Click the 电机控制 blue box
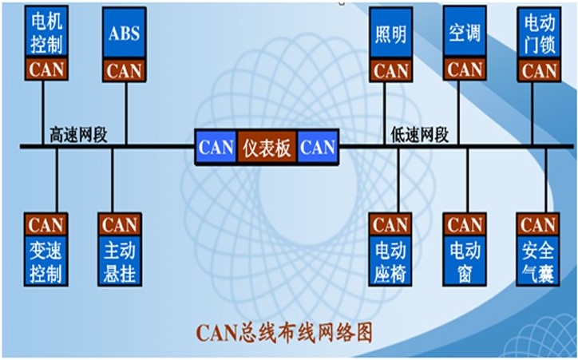point(46,32)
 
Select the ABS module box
point(125,34)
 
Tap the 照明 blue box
point(390,34)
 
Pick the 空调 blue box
point(465,32)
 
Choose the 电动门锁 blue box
point(540,34)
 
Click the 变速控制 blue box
point(46,260)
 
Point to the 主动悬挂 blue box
point(120,260)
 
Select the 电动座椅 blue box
point(390,260)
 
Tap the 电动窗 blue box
point(465,260)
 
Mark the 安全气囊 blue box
point(538,260)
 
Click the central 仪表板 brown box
point(267,147)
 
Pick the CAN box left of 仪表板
point(216,147)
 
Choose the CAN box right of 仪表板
point(318,147)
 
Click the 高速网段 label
point(78,135)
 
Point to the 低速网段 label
point(420,135)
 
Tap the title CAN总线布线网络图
point(284,333)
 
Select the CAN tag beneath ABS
point(125,70)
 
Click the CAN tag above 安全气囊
point(538,224)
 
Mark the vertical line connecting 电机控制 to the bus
point(43,113)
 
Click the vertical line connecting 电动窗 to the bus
point(468,180)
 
